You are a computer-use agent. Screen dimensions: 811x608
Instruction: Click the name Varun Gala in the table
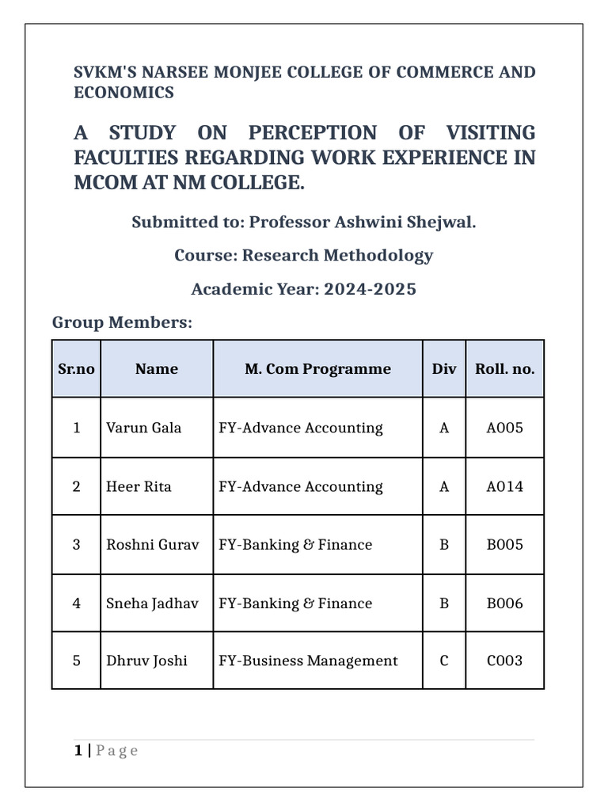143,428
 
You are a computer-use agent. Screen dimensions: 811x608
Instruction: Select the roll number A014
504,486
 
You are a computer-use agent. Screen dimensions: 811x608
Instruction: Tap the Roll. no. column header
504,368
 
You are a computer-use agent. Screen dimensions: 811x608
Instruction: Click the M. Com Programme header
317,368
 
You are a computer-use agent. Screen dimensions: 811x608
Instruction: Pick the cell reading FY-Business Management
308,661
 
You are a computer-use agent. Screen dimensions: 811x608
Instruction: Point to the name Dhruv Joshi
146,661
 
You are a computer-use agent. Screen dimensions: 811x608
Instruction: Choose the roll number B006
504,603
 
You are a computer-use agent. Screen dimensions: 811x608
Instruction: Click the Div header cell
444,368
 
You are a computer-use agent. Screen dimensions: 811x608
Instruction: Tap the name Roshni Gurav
153,545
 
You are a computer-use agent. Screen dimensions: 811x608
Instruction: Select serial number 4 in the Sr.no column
76,603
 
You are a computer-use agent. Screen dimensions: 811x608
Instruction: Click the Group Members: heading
122,322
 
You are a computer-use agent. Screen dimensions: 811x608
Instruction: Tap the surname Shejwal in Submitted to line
443,222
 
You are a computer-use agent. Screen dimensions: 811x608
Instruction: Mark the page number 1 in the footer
78,750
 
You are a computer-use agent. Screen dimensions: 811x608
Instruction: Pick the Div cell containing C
444,661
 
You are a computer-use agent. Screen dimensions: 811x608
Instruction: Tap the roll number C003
504,661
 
